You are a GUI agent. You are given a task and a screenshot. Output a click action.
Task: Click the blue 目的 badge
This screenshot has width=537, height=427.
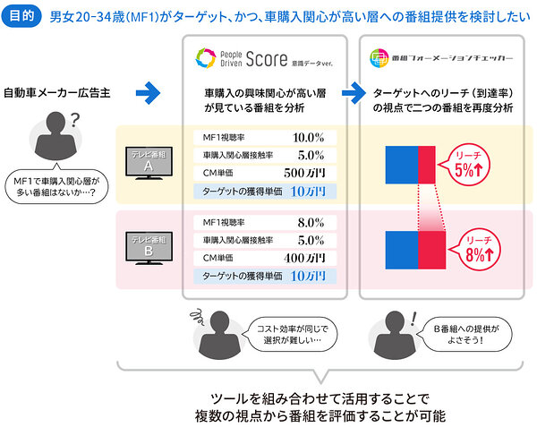(x=21, y=16)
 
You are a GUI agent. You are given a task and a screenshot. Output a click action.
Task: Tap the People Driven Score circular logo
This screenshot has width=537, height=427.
(x=206, y=58)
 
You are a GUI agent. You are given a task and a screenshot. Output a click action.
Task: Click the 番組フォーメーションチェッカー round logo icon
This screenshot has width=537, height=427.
(x=379, y=58)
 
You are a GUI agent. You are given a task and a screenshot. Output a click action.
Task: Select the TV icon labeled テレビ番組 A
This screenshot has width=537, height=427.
(x=149, y=163)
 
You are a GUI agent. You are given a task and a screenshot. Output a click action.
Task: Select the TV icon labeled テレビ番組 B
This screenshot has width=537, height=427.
(x=149, y=248)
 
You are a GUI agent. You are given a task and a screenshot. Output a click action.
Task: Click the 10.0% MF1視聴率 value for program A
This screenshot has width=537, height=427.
(x=308, y=138)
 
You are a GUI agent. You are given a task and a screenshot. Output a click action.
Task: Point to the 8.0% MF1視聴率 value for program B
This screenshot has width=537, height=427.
(x=311, y=223)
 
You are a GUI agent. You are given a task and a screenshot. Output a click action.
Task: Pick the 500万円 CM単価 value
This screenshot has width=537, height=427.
(x=304, y=173)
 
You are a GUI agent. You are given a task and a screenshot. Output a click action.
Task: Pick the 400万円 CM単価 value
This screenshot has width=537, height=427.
(x=304, y=258)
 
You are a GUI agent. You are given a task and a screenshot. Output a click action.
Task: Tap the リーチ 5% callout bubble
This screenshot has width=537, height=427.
(x=465, y=165)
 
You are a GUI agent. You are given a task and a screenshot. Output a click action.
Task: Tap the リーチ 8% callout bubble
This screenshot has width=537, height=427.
(x=477, y=250)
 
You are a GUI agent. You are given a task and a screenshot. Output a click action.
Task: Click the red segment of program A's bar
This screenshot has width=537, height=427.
(x=427, y=165)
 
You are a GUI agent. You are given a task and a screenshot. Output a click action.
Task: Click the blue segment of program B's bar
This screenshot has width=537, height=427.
(x=402, y=251)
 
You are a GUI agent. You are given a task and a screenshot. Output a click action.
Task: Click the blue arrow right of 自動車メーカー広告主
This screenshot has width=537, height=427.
(x=148, y=93)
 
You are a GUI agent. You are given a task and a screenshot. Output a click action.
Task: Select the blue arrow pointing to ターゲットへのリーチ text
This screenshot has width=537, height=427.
(x=354, y=93)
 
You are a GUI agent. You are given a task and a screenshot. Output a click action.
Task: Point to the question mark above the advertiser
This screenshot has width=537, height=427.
(x=74, y=120)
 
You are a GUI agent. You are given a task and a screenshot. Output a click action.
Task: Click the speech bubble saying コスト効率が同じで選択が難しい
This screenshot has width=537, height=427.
(x=292, y=335)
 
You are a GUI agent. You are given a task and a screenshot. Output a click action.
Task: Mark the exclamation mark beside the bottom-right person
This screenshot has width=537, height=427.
(x=413, y=319)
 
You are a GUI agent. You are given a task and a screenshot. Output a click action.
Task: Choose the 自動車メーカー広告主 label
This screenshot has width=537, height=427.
(x=57, y=93)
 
